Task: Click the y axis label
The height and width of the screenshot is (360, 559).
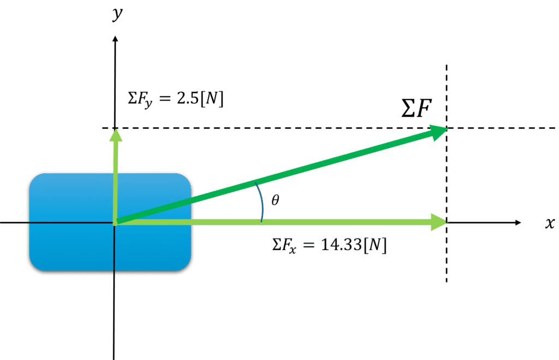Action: click(117, 14)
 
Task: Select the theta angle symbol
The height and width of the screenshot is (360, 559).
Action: click(275, 200)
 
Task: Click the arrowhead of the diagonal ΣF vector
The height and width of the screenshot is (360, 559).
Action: click(439, 132)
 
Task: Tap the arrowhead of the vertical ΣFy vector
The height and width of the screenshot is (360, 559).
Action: click(115, 134)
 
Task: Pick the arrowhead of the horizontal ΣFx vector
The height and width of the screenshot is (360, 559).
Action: click(438, 222)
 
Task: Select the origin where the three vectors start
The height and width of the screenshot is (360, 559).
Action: click(115, 222)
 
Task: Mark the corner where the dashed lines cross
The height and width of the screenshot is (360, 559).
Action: click(447, 128)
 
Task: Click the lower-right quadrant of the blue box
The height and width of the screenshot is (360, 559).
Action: click(153, 246)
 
